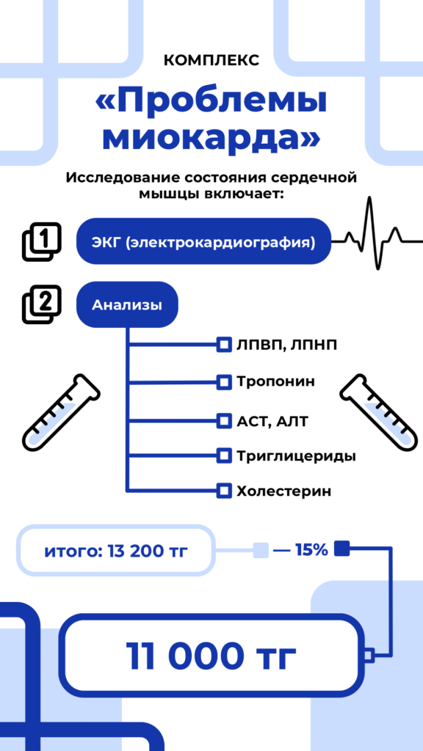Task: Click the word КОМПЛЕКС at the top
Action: [211, 61]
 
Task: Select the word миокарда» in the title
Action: [211, 138]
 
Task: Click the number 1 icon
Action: [42, 242]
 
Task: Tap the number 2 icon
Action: [42, 304]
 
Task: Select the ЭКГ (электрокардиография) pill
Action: [204, 241]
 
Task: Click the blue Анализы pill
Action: [127, 304]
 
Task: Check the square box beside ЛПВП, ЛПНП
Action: [223, 345]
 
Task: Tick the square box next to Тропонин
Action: [223, 382]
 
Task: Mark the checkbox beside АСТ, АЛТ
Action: [223, 421]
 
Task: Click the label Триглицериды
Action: [297, 456]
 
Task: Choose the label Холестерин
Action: [284, 491]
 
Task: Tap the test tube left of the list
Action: [61, 412]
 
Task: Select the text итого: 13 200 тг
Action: [115, 551]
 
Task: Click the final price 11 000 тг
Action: [211, 655]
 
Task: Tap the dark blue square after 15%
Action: [341, 549]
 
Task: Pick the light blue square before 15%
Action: [261, 550]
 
